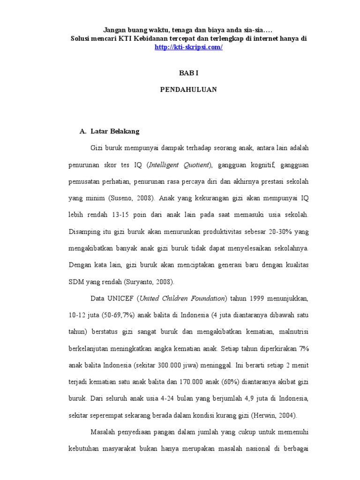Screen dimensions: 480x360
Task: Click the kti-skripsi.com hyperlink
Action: point(188,47)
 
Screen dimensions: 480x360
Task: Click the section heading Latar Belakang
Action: point(114,131)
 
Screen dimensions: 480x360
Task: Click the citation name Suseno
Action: point(120,198)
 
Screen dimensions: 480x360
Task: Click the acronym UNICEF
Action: point(122,298)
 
